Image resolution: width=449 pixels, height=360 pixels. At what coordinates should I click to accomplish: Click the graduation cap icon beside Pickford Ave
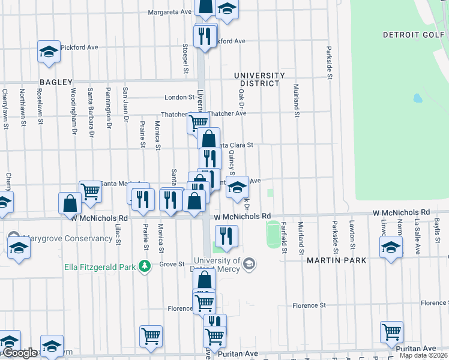point(49,52)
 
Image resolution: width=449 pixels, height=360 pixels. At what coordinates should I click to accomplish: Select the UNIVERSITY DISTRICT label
point(259,79)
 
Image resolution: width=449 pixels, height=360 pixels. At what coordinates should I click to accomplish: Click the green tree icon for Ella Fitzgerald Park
point(144,265)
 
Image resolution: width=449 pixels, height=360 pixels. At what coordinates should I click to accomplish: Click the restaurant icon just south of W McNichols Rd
point(226,236)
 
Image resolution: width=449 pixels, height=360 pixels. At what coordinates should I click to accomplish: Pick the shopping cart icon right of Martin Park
point(391,332)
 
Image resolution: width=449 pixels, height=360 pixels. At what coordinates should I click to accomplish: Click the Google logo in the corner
point(19,353)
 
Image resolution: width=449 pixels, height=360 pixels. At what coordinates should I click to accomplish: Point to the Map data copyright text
point(424,355)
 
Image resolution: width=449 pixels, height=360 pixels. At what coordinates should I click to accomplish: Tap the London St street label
point(181,97)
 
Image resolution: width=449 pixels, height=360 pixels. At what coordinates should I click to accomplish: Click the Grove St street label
point(171,264)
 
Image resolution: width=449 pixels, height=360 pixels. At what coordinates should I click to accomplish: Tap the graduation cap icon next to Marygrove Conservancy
point(19,247)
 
